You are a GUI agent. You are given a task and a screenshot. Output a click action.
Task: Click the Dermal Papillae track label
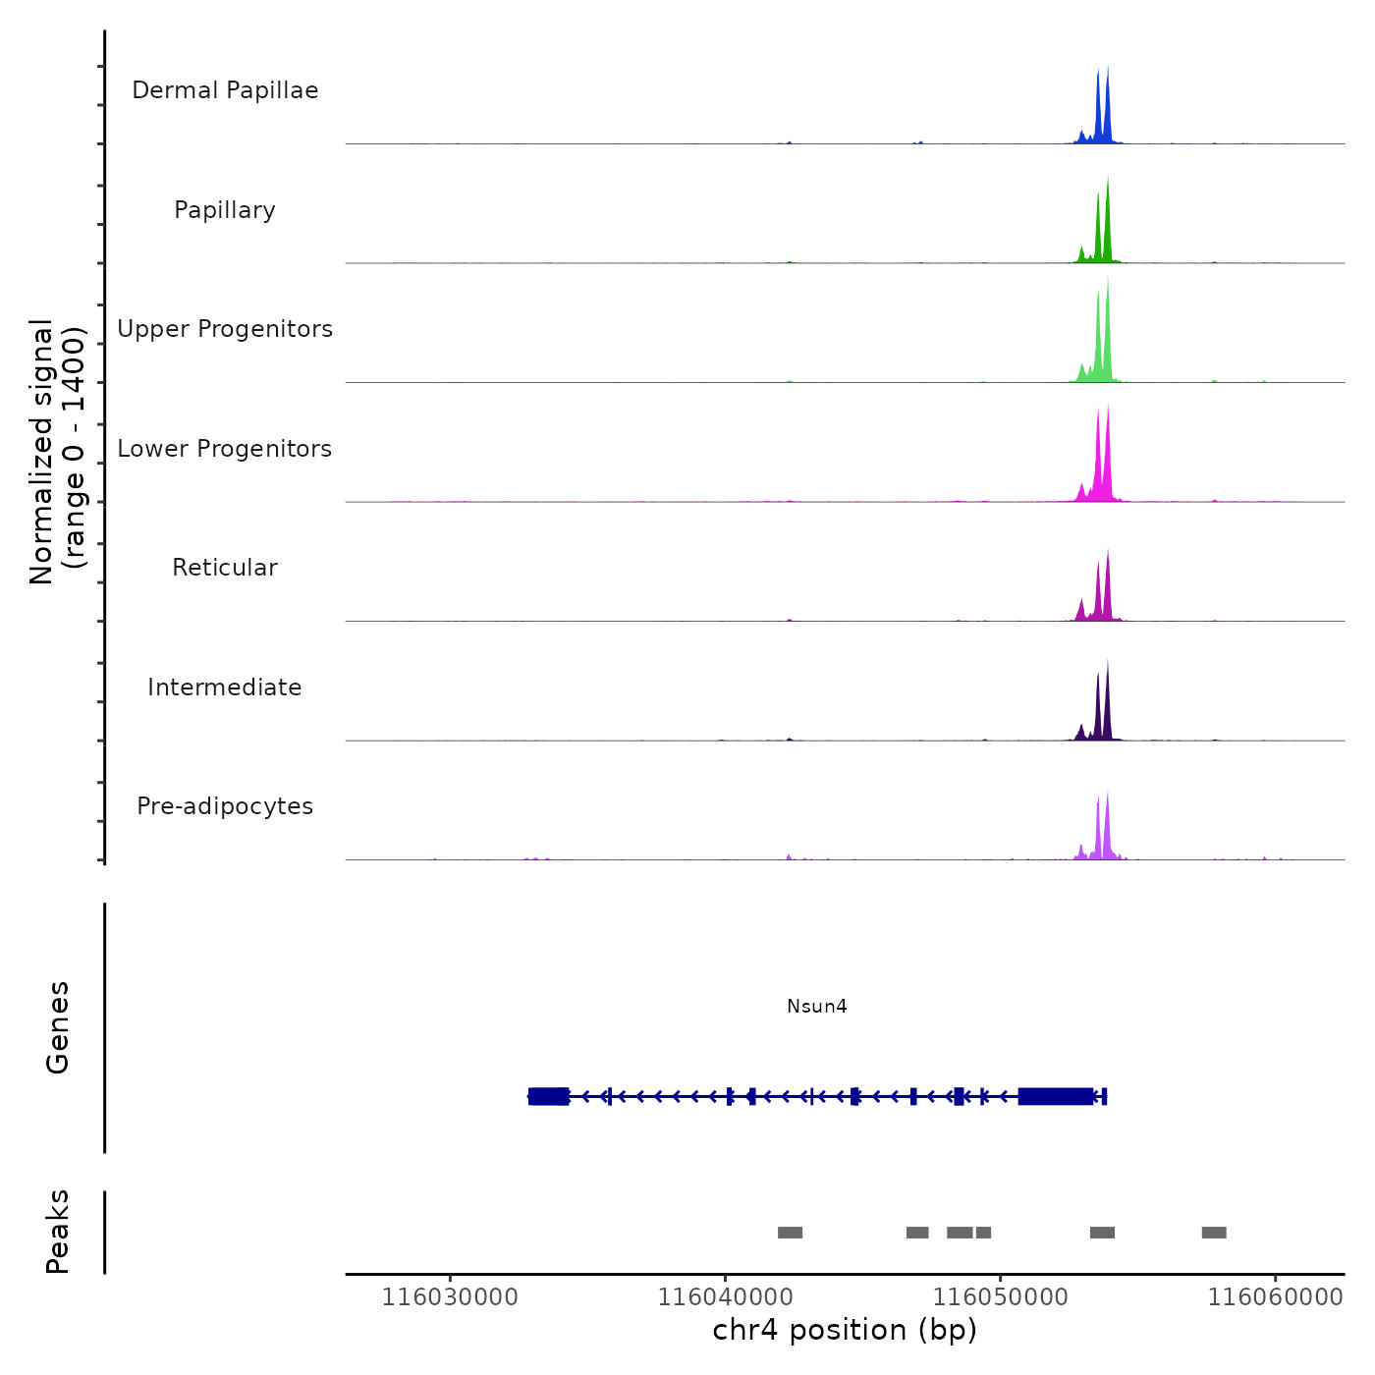point(225,90)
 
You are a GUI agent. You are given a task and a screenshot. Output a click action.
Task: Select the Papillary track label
point(225,210)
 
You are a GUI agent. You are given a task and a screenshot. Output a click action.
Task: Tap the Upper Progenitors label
point(225,329)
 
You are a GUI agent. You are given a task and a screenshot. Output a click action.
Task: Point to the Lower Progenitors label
point(225,449)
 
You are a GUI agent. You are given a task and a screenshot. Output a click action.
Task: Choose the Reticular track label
point(225,568)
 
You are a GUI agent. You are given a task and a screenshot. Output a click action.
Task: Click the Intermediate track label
point(225,687)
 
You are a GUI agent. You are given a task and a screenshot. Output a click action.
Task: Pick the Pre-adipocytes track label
point(225,806)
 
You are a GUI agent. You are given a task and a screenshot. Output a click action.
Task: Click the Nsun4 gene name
point(816,1006)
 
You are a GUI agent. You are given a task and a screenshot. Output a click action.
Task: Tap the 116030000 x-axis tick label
point(450,1296)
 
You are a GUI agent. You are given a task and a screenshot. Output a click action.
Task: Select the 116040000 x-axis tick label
point(725,1296)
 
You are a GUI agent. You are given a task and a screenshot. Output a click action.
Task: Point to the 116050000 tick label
point(1000,1296)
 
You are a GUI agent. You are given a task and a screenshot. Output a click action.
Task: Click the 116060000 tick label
point(1275,1296)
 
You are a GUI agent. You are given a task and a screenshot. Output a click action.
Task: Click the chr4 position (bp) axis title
point(845,1330)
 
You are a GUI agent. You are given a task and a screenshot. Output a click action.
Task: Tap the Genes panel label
point(58,1027)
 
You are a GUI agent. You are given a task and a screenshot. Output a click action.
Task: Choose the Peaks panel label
point(58,1232)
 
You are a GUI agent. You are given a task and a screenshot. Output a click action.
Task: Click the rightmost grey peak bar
point(1214,1233)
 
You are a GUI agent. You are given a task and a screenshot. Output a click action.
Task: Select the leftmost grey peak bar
point(790,1233)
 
